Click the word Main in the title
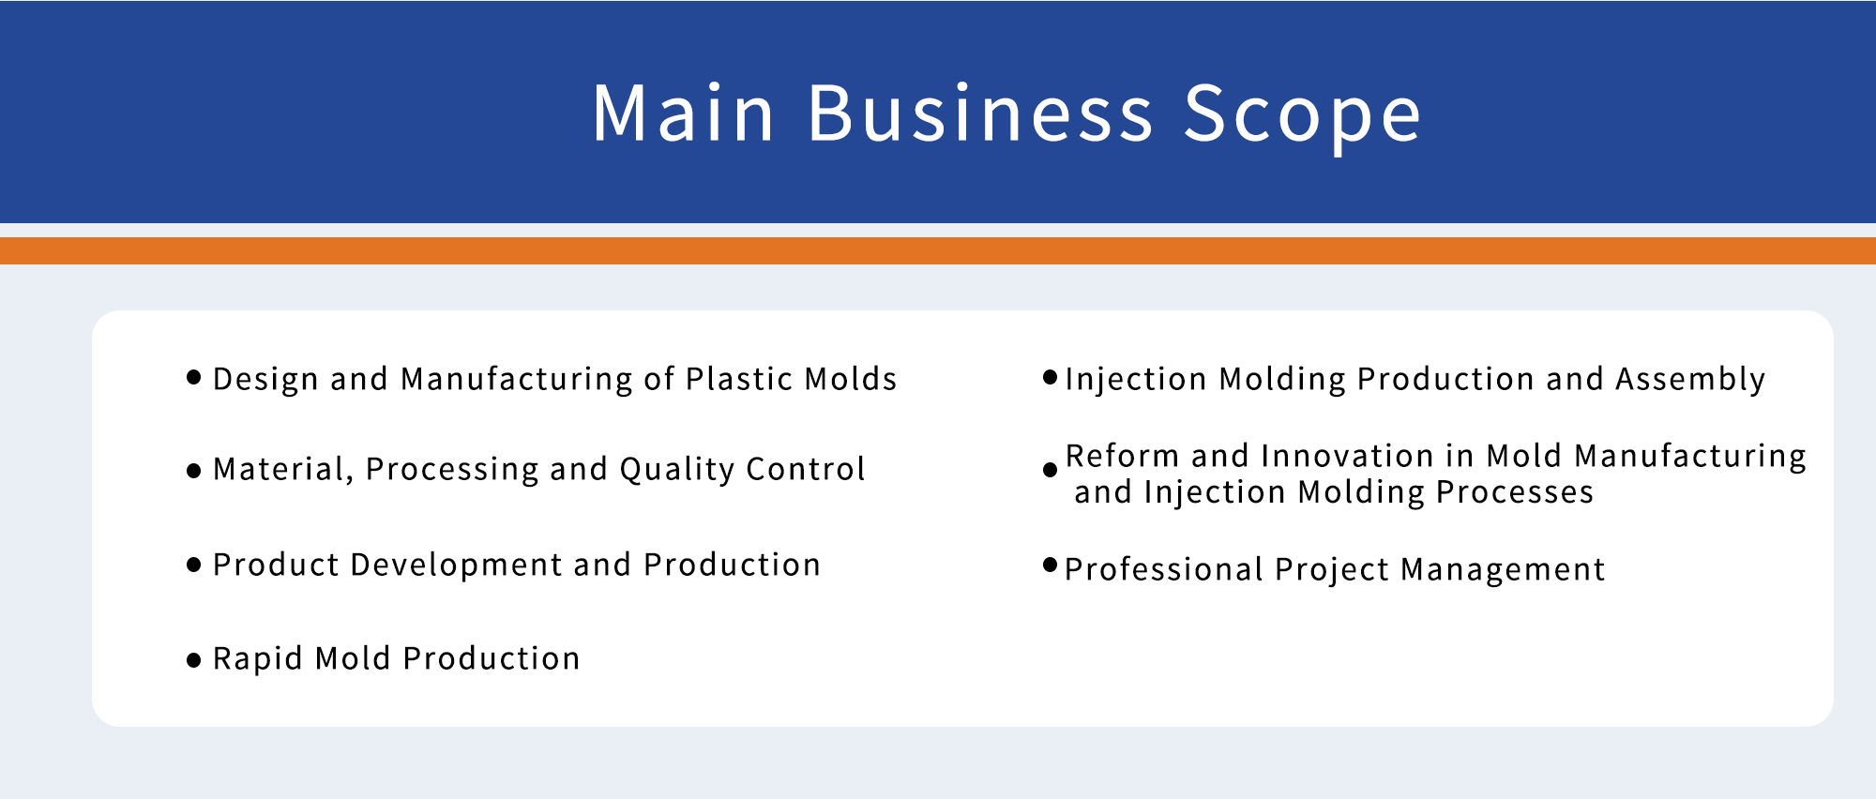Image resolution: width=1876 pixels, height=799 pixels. (683, 113)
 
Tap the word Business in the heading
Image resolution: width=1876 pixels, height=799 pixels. (980, 113)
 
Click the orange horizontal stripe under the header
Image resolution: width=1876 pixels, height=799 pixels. (938, 250)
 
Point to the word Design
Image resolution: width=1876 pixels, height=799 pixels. (266, 380)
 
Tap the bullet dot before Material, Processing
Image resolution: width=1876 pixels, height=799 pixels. (194, 471)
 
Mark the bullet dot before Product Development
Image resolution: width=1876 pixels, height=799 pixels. (194, 565)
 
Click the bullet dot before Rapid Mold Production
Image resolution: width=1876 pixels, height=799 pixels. (194, 660)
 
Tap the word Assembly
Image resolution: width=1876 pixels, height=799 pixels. (1690, 380)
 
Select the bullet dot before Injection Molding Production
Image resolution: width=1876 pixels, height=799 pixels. (1051, 378)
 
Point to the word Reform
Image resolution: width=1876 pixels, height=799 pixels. (1122, 456)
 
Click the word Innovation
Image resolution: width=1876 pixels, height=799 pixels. (1348, 456)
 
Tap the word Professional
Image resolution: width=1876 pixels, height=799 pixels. (1164, 570)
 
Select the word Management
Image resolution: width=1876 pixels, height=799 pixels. (1503, 570)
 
